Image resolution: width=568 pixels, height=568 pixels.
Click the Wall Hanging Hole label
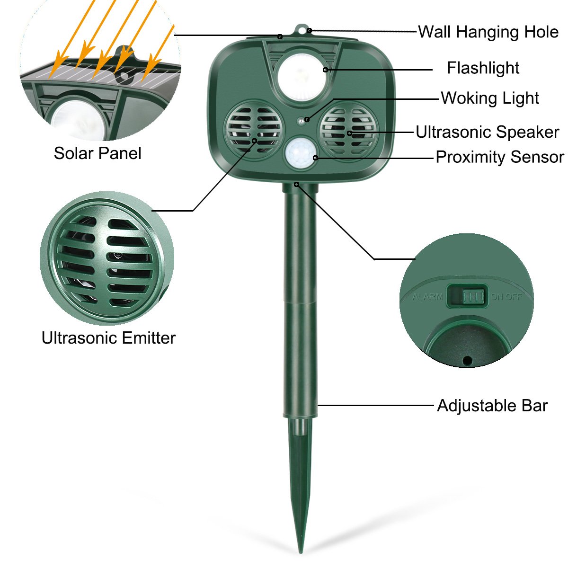coord(488,32)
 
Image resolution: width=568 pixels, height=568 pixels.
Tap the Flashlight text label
coord(483,68)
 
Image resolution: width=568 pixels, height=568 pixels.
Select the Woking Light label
coord(490,98)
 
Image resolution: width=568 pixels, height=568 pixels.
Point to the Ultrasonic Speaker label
coord(487,132)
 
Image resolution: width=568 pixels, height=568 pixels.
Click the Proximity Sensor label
coord(500,157)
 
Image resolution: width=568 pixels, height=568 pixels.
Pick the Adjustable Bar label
coord(492,406)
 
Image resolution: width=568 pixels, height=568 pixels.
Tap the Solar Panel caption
coord(98,153)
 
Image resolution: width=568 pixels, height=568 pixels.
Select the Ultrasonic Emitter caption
coord(108,338)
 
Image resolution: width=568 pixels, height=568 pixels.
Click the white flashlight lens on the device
coord(302,77)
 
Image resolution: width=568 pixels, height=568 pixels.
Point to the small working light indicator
coord(301,121)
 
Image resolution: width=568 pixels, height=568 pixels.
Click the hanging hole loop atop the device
coord(301,30)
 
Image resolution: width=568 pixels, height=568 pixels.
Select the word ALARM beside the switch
coord(427,296)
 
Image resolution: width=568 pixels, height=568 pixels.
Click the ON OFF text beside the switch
coord(506,296)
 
